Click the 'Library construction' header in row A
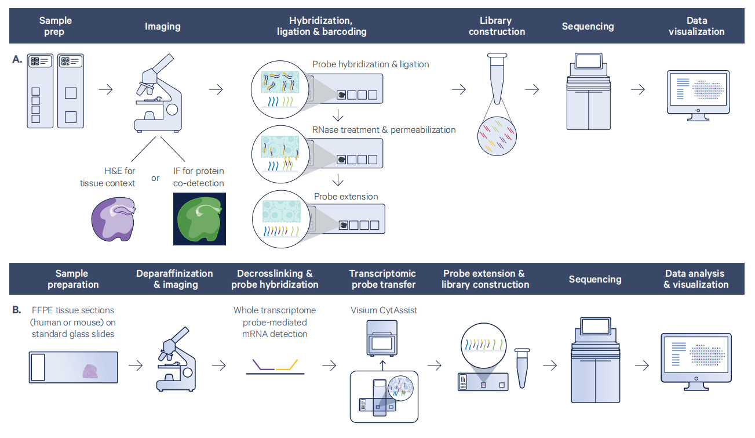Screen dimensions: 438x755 coord(497,26)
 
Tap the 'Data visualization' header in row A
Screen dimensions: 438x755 coord(696,26)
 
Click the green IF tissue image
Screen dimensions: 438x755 coord(199,219)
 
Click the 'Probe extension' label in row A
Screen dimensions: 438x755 coord(346,197)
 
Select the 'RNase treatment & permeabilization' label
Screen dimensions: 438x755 coord(384,130)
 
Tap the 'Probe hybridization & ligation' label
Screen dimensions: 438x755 coord(371,64)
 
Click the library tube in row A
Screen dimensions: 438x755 coord(497,78)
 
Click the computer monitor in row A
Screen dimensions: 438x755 coord(698,95)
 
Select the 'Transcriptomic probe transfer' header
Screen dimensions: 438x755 coord(382,279)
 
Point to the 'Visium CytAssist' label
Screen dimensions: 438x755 coord(384,310)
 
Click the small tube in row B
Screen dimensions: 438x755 coord(523,368)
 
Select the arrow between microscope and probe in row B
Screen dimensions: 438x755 coord(219,366)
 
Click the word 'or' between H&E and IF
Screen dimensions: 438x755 coord(155,178)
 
